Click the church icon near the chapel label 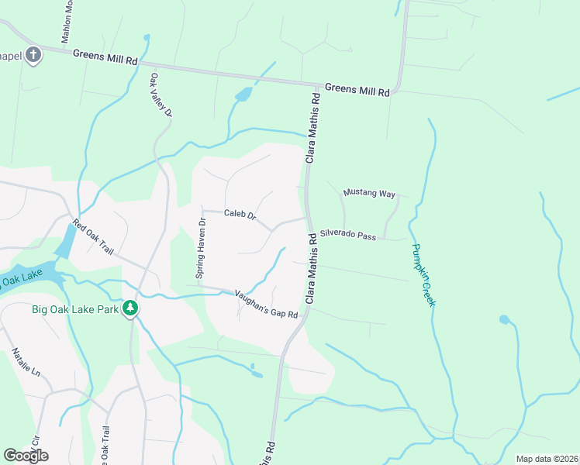(33, 54)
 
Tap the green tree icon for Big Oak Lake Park (131, 308)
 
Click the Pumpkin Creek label (423, 275)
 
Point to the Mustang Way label (369, 193)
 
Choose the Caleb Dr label (240, 214)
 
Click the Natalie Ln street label (26, 361)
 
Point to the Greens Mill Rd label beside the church (105, 57)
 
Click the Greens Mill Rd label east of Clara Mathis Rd (357, 89)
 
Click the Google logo (26, 456)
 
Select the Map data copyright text (547, 459)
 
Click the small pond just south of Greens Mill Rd (243, 95)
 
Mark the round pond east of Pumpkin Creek (505, 319)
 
